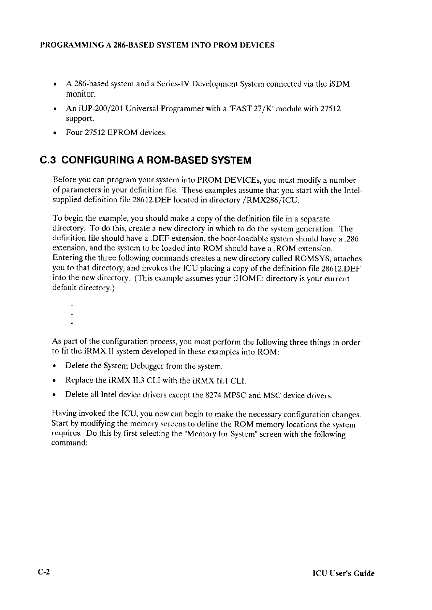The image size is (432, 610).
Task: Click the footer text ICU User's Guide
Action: (x=343, y=573)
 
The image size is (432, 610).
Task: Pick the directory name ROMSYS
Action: (x=311, y=259)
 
